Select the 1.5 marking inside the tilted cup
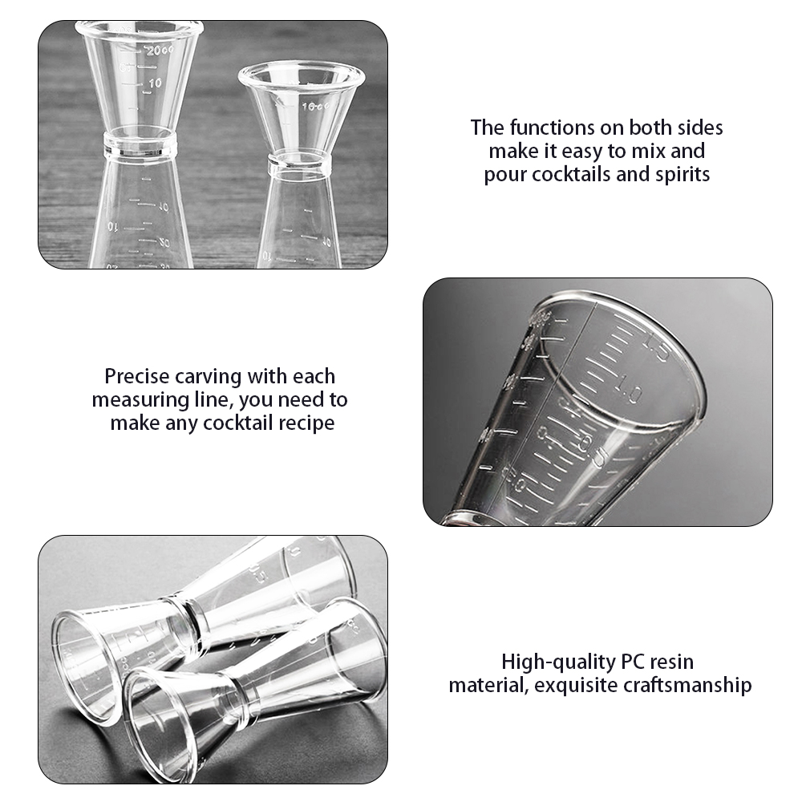point(655,350)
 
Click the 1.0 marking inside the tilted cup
point(630,395)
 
